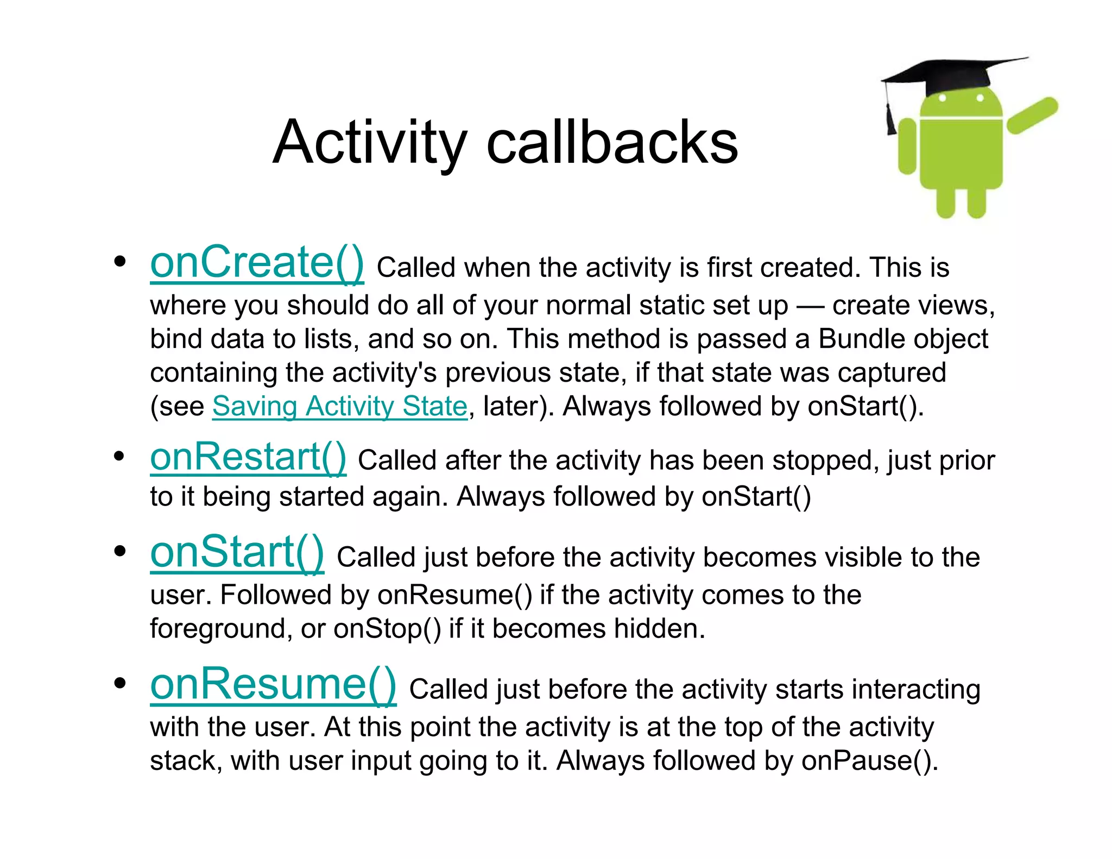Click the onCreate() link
(x=257, y=262)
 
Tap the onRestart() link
(x=248, y=457)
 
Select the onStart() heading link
(x=237, y=552)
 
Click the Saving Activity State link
(x=339, y=406)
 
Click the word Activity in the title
(x=369, y=142)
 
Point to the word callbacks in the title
(x=612, y=142)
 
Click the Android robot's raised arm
(x=1032, y=115)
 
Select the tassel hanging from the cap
(x=891, y=117)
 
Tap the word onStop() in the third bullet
(x=387, y=629)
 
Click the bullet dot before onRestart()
(x=120, y=456)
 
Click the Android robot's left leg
(x=945, y=203)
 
